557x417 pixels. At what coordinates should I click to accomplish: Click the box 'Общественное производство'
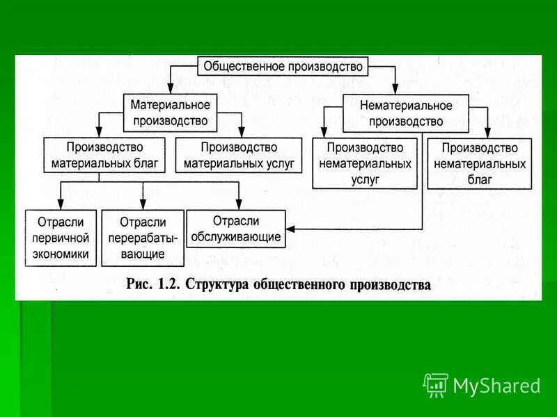[283, 66]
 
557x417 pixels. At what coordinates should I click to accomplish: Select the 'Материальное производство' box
[170, 113]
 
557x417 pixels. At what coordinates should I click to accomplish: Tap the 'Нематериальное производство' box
[406, 113]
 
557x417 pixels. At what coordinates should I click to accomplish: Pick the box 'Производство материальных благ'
[104, 156]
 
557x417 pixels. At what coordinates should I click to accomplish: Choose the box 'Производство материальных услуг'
[239, 156]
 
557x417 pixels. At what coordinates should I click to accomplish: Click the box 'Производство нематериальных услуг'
[365, 163]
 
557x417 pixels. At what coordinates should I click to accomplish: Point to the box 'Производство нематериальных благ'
[479, 164]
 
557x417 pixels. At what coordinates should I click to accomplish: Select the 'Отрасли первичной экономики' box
[61, 238]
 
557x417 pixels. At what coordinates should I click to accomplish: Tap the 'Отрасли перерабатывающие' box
[143, 238]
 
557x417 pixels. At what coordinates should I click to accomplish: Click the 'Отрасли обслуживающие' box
[237, 229]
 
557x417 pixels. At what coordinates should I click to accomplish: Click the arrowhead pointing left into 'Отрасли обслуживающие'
[291, 229]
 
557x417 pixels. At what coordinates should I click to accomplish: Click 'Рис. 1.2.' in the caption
[150, 284]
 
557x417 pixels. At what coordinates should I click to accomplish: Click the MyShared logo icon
[435, 385]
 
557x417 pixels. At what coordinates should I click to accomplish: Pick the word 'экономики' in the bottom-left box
[61, 254]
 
